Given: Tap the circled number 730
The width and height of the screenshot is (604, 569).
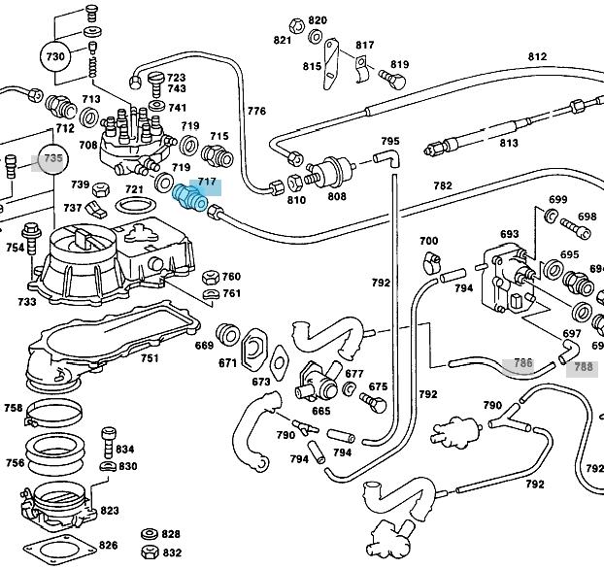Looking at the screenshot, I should [57, 57].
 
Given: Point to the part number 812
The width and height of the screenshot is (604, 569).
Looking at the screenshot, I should [537, 56].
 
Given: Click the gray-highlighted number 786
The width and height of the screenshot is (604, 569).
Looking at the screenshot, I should [522, 364].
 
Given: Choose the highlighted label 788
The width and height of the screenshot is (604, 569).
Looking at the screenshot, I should [584, 367].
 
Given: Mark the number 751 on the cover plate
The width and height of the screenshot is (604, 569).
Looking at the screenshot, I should [149, 358].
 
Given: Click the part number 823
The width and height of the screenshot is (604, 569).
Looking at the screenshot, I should [110, 510].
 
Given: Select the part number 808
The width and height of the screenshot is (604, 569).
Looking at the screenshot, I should [336, 196].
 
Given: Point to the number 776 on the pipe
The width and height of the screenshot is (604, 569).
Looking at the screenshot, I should [256, 112].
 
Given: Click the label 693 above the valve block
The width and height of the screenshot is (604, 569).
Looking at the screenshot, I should [510, 235].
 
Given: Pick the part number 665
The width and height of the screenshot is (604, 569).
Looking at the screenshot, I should [320, 411].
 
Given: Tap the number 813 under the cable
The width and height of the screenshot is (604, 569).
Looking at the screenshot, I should [509, 144].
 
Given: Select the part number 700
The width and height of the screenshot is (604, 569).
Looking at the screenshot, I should [428, 241].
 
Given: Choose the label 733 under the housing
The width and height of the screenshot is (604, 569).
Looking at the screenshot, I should [26, 302].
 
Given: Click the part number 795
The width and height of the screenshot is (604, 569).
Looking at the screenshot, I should [390, 142].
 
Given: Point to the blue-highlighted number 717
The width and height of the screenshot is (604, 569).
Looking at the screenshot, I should [207, 182].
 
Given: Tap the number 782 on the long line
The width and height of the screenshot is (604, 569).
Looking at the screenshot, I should [442, 185].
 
